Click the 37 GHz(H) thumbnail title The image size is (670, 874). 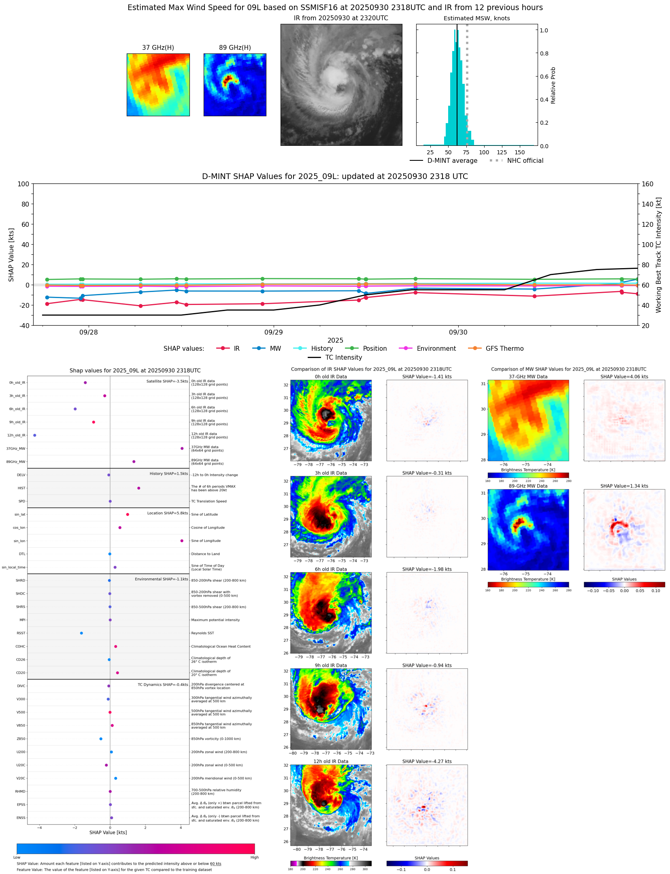[158, 48]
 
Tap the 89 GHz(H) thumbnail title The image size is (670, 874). [235, 48]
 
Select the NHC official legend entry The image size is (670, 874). [525, 161]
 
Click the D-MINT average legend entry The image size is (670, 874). [452, 161]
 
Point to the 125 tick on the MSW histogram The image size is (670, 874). [502, 153]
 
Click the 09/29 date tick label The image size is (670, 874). [274, 333]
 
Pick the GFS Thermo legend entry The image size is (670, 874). [504, 349]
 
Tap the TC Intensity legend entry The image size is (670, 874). [343, 358]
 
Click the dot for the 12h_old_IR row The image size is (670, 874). [35, 435]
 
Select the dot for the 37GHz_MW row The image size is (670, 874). [182, 449]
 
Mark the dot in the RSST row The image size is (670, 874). [81, 633]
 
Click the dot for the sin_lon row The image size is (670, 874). [182, 541]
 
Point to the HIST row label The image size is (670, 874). [21, 488]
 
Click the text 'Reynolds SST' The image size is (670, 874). [202, 633]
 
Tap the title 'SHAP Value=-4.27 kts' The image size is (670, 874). [427, 762]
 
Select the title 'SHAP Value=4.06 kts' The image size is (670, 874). [624, 377]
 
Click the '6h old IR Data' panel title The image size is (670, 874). [331, 569]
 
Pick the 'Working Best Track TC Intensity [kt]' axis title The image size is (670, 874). [659, 255]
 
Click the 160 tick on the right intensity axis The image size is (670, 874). [648, 184]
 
